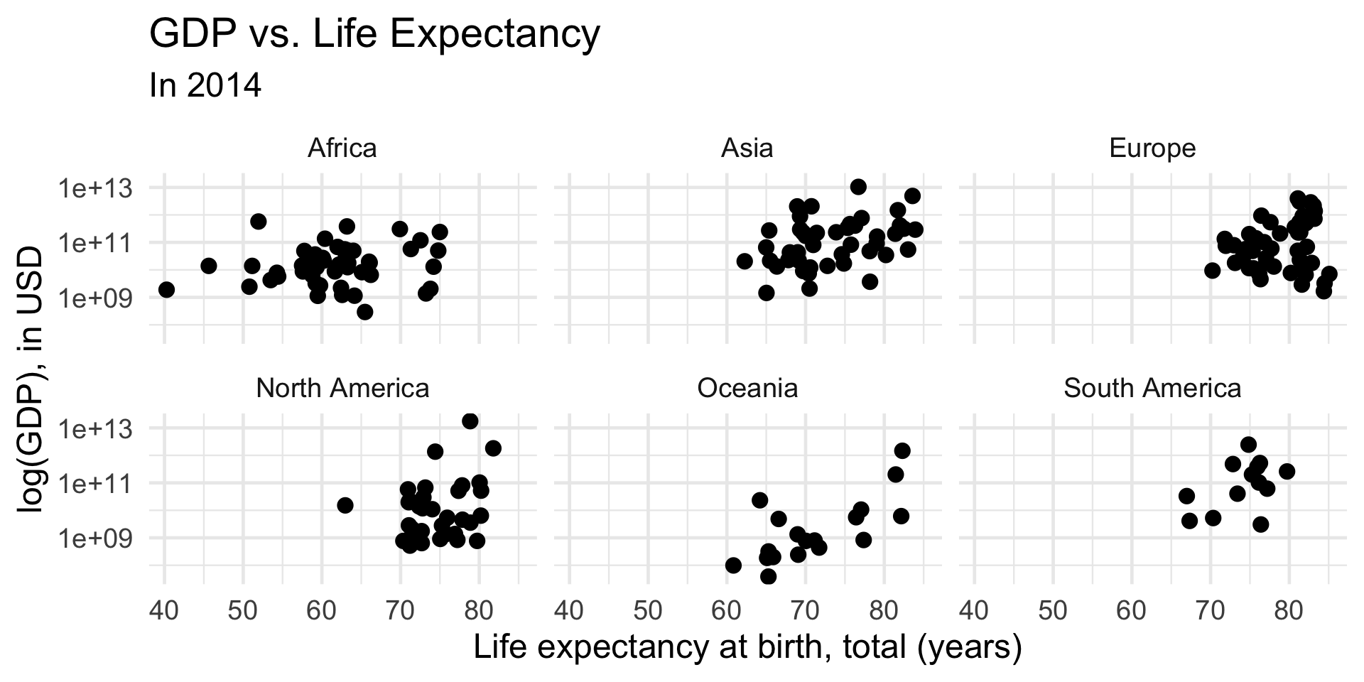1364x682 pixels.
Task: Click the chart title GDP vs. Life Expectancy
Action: pos(374,34)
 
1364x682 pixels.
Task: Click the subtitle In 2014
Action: pos(205,86)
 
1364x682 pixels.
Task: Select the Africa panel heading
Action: pos(342,148)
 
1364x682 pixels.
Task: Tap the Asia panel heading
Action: pos(747,148)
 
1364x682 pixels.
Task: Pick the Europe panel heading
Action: pos(1152,148)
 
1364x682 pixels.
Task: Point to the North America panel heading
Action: pos(342,389)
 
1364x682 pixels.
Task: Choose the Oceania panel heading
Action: pos(747,389)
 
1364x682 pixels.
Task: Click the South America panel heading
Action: pos(1152,389)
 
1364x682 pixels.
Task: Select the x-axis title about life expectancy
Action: pos(747,648)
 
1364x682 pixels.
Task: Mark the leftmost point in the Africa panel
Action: pos(166,290)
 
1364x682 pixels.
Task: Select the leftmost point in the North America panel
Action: pos(345,505)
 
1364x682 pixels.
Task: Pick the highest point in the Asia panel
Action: pos(858,187)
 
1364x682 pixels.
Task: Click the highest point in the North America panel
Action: pos(470,421)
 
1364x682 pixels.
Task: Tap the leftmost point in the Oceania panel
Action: pos(733,565)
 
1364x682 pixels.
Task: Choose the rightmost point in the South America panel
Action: pos(1287,471)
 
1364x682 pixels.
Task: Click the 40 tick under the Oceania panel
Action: pos(569,610)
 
